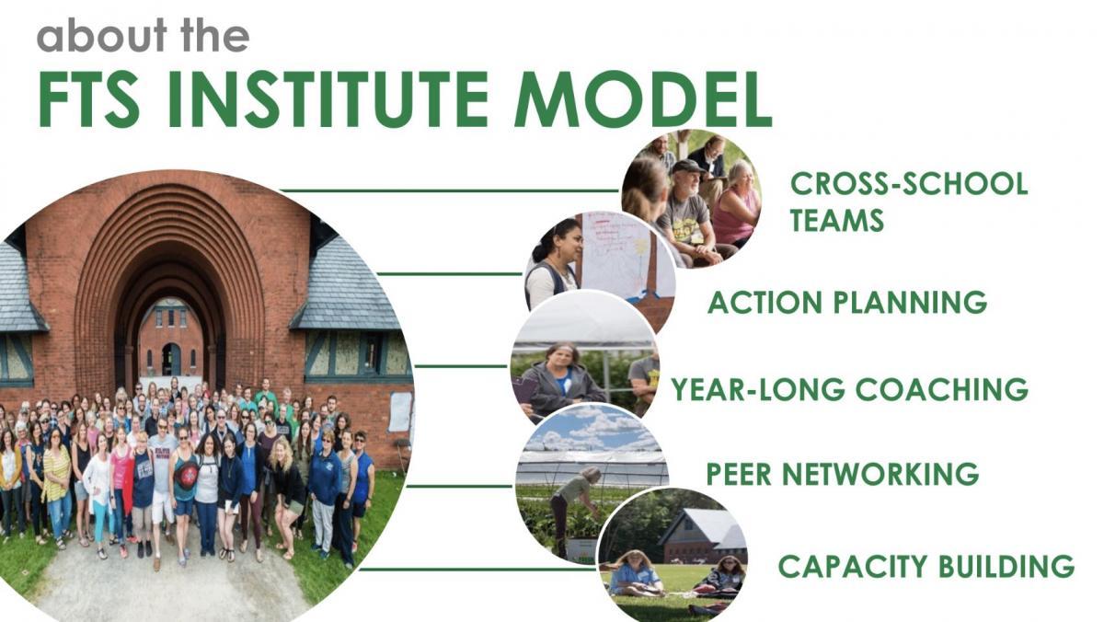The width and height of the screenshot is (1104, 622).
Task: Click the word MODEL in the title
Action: (x=643, y=99)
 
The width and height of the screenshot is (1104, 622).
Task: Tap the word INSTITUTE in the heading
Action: (x=328, y=99)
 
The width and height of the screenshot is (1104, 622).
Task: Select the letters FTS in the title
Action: (x=89, y=99)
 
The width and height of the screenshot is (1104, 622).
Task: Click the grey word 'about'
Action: (x=102, y=35)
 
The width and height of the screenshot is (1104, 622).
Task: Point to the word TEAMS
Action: (x=837, y=220)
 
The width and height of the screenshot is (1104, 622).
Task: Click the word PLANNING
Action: (x=910, y=302)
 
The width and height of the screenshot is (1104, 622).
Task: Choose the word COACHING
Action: (x=942, y=389)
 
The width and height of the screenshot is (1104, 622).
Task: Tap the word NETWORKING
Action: (x=880, y=474)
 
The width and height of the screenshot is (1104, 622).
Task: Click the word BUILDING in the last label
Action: (x=1006, y=566)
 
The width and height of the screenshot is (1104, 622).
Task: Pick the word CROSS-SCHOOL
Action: (x=909, y=183)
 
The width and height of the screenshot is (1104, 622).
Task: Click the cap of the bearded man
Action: (x=688, y=166)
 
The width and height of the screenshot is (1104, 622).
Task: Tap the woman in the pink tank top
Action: (x=736, y=207)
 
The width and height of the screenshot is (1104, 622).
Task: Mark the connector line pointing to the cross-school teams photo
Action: (x=449, y=190)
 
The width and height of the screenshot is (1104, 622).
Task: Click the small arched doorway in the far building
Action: (x=171, y=359)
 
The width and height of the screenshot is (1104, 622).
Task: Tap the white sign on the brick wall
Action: (x=400, y=411)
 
